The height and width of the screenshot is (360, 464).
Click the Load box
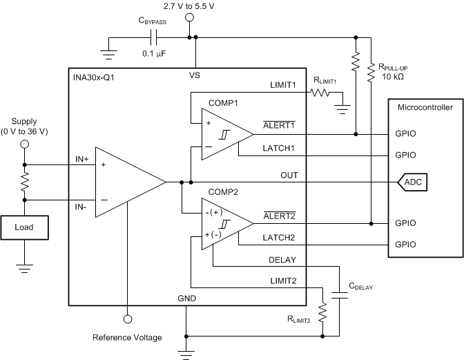[24, 226]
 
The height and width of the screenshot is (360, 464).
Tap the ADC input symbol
[412, 182]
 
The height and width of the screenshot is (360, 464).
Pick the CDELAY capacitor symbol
[340, 294]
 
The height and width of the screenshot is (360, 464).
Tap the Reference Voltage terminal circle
[128, 319]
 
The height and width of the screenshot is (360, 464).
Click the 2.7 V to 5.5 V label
[188, 6]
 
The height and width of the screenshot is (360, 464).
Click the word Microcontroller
[426, 107]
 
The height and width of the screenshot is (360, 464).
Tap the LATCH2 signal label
[280, 238]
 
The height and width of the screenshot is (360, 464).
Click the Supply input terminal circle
[24, 144]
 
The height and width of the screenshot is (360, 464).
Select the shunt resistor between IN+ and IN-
[24, 182]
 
